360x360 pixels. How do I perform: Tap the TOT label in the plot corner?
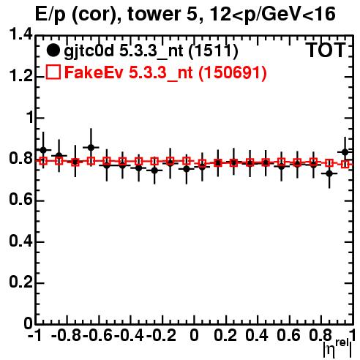point(326,50)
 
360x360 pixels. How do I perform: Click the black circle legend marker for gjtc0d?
point(53,50)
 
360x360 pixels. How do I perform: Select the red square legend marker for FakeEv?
point(53,72)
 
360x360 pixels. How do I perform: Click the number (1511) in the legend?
point(213,51)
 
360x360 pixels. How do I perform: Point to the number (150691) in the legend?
point(233,72)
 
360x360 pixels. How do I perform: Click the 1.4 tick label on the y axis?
point(21,34)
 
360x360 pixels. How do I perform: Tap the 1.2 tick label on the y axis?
point(21,76)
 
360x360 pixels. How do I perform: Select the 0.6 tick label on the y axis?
point(21,200)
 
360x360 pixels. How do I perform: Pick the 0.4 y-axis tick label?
point(21,241)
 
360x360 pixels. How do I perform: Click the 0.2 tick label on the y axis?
point(21,282)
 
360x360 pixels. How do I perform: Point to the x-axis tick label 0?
point(194,335)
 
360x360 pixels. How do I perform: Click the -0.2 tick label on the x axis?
point(161,335)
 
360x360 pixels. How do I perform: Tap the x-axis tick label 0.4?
point(257,335)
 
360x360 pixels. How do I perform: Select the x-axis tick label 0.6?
point(288,335)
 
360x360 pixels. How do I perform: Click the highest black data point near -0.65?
point(91,147)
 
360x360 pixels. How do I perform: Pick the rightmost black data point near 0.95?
point(345,152)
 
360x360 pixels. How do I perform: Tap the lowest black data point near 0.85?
point(329,173)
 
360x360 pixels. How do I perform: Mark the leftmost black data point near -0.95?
point(43,150)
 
